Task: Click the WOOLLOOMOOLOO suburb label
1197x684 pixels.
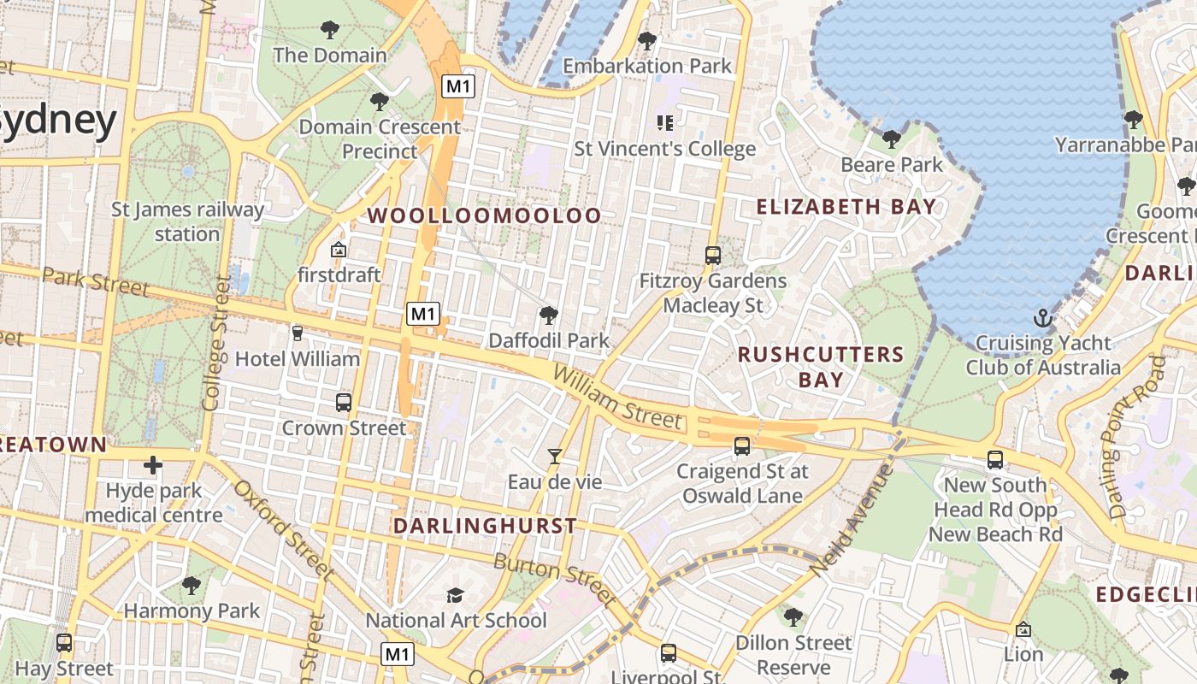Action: click(485, 215)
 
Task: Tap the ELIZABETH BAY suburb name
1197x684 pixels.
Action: click(846, 206)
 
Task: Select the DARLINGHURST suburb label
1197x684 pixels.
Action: click(485, 526)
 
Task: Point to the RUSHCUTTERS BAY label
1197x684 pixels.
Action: click(821, 367)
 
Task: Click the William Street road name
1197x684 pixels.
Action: click(617, 398)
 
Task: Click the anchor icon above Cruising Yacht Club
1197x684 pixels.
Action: click(1042, 319)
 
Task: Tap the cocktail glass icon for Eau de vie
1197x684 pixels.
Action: click(555, 457)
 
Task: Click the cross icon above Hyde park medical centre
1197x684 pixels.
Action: click(153, 465)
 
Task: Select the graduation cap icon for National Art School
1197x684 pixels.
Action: click(455, 595)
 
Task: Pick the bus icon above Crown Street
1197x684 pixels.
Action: click(344, 402)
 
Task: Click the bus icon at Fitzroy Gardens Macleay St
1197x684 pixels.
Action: click(712, 255)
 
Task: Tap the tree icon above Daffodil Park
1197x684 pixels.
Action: click(549, 315)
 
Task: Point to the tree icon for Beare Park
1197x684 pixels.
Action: click(891, 139)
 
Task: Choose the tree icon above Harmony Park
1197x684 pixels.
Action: click(192, 586)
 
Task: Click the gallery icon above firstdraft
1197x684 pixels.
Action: click(339, 250)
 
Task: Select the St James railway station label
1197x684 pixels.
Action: click(187, 221)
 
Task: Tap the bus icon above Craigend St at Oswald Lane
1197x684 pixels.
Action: click(741, 445)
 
